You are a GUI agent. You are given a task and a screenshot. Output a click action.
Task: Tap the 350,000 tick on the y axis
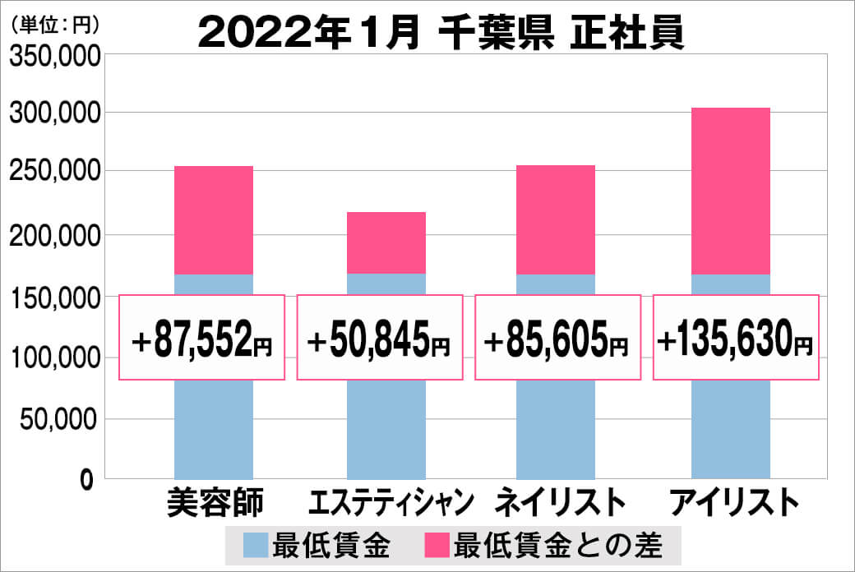tap(54, 56)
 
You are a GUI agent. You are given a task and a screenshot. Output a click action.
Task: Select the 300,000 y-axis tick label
tap(54, 113)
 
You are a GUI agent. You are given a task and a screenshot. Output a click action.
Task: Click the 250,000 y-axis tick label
tap(54, 173)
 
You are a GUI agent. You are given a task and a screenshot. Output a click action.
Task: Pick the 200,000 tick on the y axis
tap(54, 236)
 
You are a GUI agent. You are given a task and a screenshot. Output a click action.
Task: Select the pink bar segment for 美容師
tap(214, 220)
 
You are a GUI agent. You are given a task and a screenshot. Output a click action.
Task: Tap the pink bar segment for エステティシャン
tap(386, 242)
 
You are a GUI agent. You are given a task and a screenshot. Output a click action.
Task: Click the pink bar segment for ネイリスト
tap(556, 219)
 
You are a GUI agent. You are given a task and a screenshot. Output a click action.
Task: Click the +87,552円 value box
tap(202, 338)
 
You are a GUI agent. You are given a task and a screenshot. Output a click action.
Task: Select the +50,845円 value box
tap(379, 338)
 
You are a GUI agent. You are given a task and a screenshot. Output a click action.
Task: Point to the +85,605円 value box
tap(557, 338)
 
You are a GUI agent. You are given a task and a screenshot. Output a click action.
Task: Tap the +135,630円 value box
tap(736, 338)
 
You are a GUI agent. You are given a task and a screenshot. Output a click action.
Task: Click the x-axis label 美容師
tap(215, 502)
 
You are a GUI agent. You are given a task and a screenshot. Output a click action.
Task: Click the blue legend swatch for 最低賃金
tap(256, 545)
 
